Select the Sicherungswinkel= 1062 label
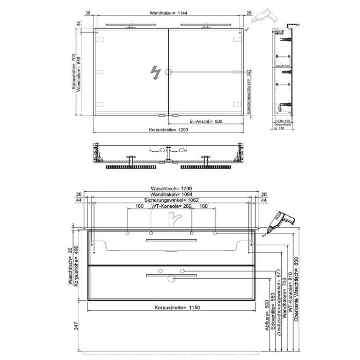[168, 200]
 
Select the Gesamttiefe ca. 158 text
[283, 127]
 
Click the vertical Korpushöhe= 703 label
[75, 71]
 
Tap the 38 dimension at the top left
[79, 23]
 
